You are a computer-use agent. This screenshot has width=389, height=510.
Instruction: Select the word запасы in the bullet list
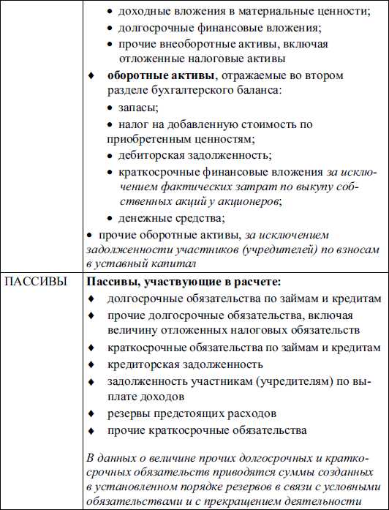137,107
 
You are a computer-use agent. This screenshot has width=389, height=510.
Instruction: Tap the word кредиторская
145,364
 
